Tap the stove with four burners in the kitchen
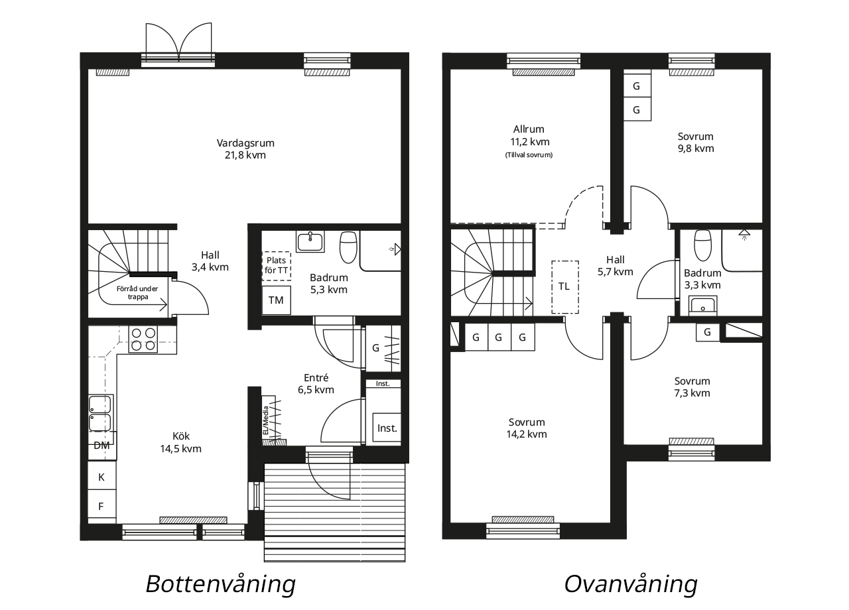(143, 339)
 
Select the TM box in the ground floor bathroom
(277, 300)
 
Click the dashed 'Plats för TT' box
(277, 266)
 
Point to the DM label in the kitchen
(101, 446)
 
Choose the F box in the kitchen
(101, 506)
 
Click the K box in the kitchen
(101, 476)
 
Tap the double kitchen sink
(100, 413)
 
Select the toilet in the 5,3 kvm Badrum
(348, 247)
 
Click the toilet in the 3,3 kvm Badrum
(702, 245)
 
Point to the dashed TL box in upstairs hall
(565, 287)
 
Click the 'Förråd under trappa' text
(137, 292)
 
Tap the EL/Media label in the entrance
(266, 420)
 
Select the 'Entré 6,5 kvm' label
(316, 383)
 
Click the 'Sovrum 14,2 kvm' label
(527, 428)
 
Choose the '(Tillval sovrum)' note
(529, 155)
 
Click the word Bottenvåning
(221, 584)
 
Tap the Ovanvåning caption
(631, 584)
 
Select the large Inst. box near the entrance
(387, 428)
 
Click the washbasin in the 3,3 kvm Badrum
(702, 306)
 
